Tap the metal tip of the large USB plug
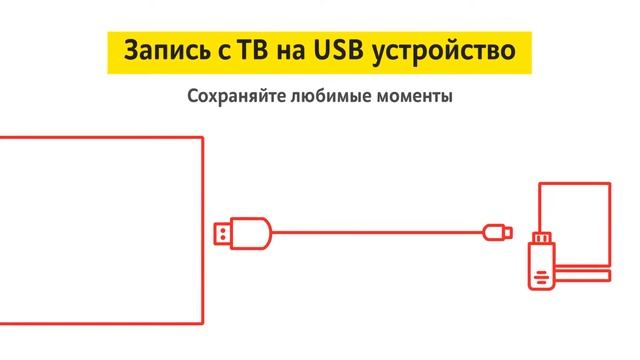[223, 233]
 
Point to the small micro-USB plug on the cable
[497, 233]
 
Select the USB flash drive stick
[541, 262]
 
